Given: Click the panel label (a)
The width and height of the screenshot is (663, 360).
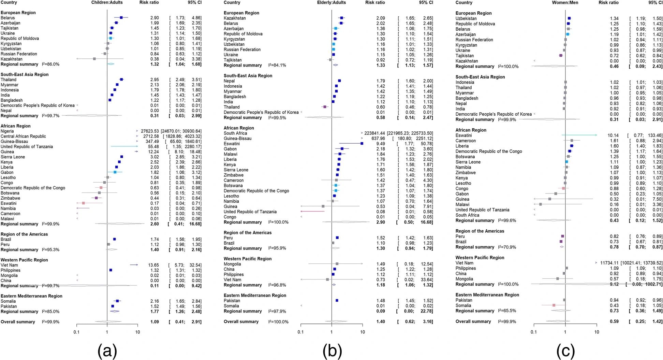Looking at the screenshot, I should pyautogui.click(x=107, y=350).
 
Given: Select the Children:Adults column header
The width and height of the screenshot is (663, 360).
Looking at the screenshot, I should pyautogui.click(x=107, y=2).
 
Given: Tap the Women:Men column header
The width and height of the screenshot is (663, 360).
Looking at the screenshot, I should pyautogui.click(x=565, y=2).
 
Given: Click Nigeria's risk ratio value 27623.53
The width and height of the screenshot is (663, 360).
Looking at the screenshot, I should pyautogui.click(x=150, y=131).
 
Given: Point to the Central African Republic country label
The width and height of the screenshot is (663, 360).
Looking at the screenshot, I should pyautogui.click(x=23, y=136).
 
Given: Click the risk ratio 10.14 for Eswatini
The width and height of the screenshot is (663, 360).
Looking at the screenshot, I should pyautogui.click(x=613, y=135).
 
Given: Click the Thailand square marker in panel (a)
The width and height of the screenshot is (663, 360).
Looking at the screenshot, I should pyautogui.click(x=121, y=80).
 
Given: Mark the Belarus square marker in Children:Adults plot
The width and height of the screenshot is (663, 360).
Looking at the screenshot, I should pyautogui.click(x=121, y=18).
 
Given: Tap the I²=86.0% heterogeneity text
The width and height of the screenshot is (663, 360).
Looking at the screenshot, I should pyautogui.click(x=51, y=64).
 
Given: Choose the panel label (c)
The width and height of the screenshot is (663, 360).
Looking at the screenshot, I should pyautogui.click(x=565, y=350).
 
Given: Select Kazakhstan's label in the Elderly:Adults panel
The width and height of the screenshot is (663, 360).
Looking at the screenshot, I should pyautogui.click(x=235, y=18).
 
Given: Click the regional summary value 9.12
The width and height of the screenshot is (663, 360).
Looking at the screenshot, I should pyautogui.click(x=613, y=284).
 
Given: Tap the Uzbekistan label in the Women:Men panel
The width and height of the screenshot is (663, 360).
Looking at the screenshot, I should pyautogui.click(x=466, y=18).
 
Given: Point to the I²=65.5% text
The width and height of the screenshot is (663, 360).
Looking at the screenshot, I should pyautogui.click(x=507, y=311).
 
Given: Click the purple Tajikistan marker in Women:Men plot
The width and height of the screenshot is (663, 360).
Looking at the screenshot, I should pyautogui.click(x=561, y=56).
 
